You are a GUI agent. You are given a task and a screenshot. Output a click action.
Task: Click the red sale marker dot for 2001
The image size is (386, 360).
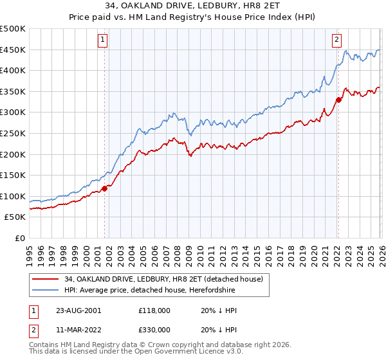pos(104,188)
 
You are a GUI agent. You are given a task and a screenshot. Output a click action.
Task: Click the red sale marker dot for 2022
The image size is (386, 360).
pos(338,100)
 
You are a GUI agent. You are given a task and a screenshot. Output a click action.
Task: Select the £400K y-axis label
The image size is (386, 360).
pos(14,70)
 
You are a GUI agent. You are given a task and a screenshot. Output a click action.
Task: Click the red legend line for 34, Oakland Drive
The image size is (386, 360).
pos(45,279)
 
